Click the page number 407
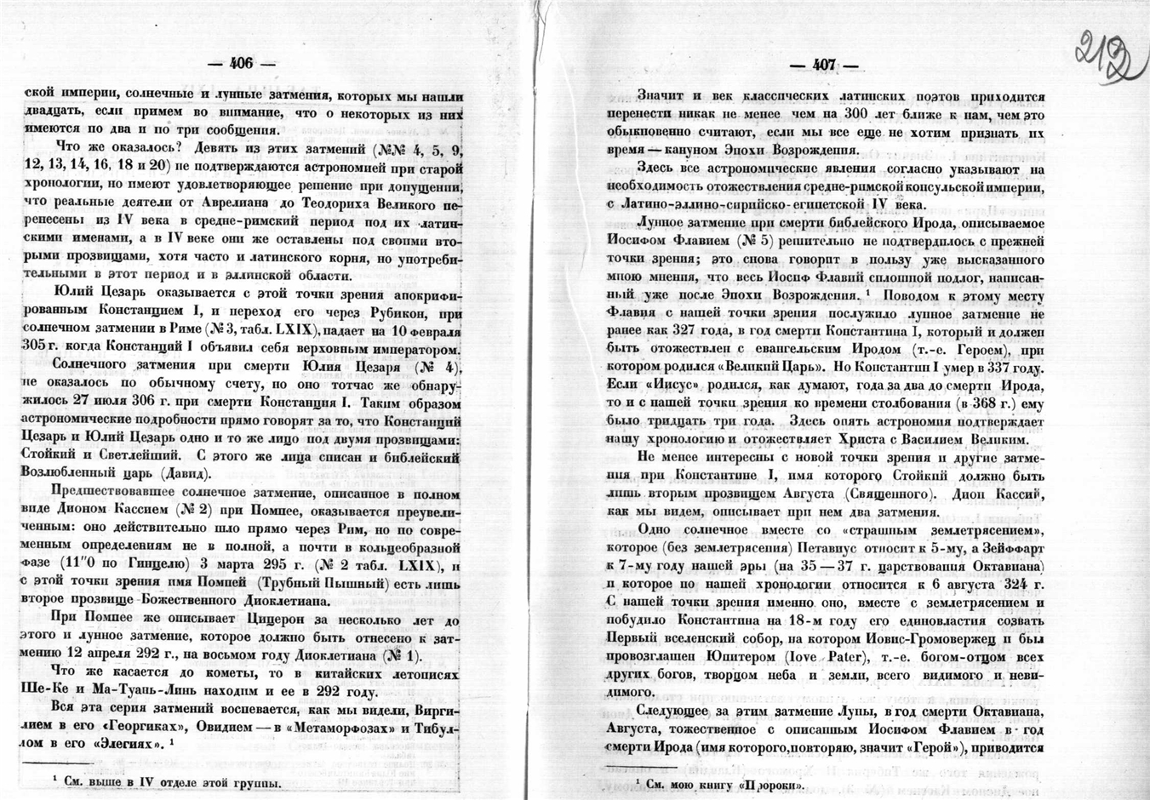click(x=824, y=65)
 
